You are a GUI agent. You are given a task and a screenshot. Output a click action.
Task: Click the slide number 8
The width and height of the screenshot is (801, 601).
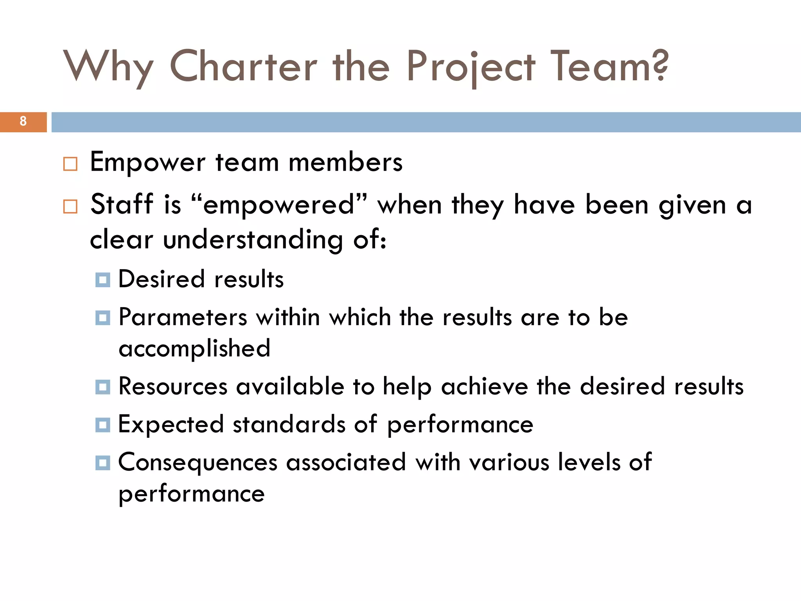(23, 121)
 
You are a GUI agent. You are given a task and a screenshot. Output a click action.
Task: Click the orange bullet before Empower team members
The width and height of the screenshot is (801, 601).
(70, 164)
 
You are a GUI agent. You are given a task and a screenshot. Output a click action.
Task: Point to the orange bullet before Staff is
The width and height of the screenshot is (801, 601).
(70, 206)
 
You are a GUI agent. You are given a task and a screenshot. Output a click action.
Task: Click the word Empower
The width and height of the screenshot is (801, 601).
(147, 162)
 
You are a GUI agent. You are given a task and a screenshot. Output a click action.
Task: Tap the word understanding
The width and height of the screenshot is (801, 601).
(253, 239)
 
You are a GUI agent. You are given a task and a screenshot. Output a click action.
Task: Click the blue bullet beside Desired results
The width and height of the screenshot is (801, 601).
(102, 280)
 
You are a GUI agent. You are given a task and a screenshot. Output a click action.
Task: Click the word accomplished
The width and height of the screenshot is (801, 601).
(194, 348)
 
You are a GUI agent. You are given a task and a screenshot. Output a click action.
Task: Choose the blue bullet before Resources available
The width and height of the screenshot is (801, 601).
(102, 387)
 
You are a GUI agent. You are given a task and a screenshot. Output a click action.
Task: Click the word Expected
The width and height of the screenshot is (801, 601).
(171, 425)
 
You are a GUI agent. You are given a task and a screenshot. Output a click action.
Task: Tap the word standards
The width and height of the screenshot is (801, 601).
(289, 424)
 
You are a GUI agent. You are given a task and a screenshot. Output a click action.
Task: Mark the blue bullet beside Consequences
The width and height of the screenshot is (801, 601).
(102, 463)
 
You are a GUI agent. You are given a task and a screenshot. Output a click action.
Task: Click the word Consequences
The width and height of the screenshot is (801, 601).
(198, 462)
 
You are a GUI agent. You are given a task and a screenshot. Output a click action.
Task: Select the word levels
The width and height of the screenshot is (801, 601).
(589, 462)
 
